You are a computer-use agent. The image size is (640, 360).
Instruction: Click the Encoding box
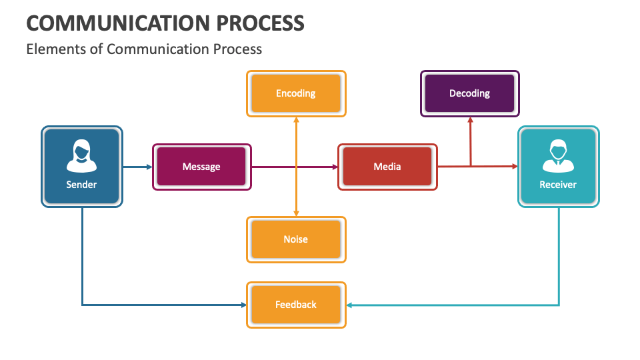tap(296, 93)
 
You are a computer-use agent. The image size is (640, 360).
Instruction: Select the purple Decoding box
tap(469, 93)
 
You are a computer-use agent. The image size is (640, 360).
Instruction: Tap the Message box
tap(201, 167)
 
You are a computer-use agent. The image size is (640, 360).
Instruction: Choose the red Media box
tap(387, 167)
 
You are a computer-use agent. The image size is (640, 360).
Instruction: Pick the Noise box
tap(296, 239)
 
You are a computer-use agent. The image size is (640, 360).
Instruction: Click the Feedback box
tap(296, 305)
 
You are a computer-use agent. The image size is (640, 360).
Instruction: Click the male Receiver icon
tap(558, 155)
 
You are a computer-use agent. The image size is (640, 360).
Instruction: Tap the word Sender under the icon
tap(81, 185)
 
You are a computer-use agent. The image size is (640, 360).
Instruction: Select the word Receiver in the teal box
tap(558, 185)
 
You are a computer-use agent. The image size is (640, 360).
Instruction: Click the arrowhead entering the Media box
tap(335, 167)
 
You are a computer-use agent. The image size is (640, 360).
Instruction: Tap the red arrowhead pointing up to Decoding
tap(470, 121)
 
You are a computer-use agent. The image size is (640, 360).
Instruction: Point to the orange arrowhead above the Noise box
tap(296, 213)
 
